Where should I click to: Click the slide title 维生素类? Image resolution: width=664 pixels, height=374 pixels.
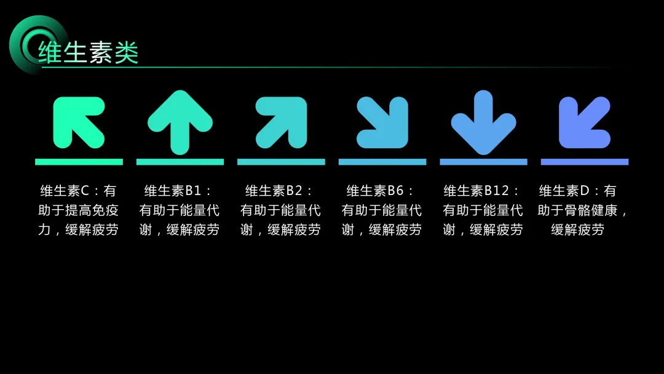click(x=89, y=52)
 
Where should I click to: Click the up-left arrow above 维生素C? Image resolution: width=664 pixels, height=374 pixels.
click(x=78, y=122)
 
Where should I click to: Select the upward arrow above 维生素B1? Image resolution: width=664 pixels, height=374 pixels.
click(x=180, y=122)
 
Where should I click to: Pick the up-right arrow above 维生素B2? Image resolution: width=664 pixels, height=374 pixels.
click(x=282, y=122)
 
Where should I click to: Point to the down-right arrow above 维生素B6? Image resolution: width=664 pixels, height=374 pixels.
click(x=382, y=122)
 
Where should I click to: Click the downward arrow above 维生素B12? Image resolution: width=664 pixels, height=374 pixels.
click(x=483, y=122)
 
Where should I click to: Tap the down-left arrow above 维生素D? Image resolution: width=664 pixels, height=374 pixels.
click(x=584, y=122)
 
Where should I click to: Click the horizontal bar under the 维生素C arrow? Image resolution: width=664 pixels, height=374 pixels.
click(x=79, y=162)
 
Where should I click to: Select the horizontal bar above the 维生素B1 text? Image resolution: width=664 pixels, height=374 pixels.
click(x=180, y=162)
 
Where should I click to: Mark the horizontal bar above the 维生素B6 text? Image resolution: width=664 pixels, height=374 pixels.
click(x=382, y=162)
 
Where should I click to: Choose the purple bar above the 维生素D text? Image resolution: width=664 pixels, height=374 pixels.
click(x=585, y=162)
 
